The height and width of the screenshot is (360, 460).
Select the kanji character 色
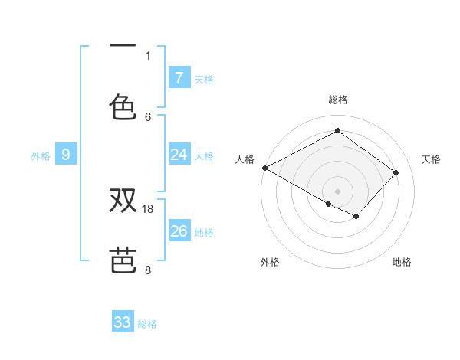[123, 106]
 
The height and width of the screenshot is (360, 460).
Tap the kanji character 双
[123, 201]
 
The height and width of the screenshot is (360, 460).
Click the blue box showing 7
[179, 77]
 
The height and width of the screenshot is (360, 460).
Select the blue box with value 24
[179, 155]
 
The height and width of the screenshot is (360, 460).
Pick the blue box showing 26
[179, 231]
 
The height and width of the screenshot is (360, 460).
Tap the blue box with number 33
[123, 322]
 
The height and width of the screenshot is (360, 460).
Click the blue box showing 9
[66, 155]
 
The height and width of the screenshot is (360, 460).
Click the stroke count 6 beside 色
[148, 116]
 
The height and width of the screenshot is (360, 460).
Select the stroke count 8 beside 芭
[148, 270]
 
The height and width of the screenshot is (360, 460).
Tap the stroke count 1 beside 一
[148, 55]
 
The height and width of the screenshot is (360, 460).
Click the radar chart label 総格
[337, 100]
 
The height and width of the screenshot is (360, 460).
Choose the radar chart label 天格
[431, 159]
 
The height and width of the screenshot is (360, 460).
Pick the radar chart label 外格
[270, 262]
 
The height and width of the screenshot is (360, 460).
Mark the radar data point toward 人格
[264, 168]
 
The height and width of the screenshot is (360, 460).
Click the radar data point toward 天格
[396, 172]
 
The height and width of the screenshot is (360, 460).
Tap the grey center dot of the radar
[337, 191]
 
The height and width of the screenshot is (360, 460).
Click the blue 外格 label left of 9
[41, 155]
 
